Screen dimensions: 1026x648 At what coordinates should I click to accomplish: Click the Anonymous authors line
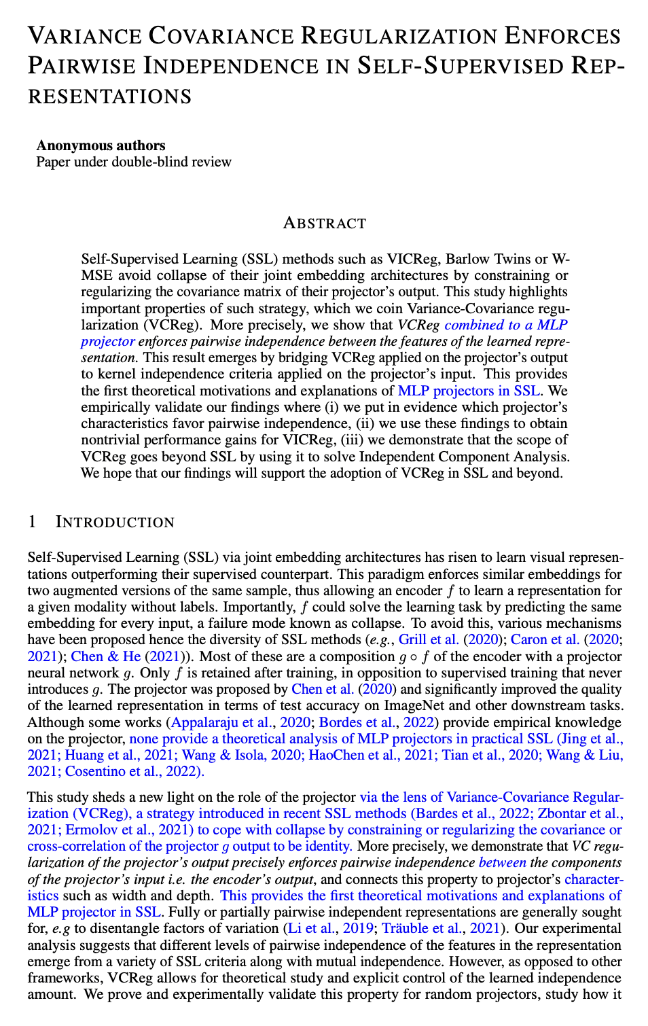click(101, 145)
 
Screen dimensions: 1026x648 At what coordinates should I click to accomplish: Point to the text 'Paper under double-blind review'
click(134, 162)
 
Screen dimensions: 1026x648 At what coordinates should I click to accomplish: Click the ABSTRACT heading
click(324, 224)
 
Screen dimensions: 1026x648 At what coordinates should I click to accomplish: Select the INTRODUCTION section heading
click(115, 522)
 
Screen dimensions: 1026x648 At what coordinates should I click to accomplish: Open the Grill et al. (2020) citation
click(437, 639)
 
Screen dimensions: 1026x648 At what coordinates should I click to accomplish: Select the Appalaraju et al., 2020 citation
click(242, 722)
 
